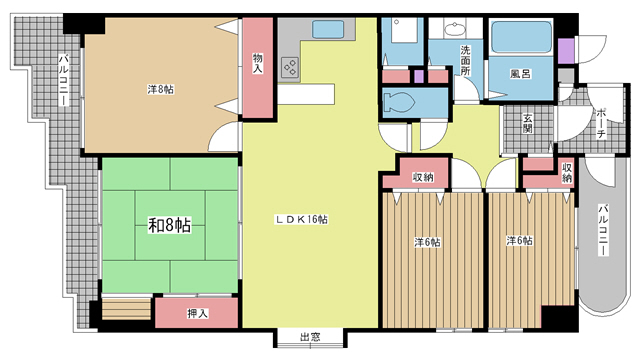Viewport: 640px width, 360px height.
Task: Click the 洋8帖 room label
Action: point(160,89)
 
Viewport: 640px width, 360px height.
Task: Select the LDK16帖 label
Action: point(302,219)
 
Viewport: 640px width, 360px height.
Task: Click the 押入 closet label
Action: point(198,314)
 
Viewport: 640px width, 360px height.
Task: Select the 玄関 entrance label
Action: point(526,125)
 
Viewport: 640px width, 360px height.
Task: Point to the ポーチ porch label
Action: point(600,119)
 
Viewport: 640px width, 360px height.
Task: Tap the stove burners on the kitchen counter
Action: point(292,68)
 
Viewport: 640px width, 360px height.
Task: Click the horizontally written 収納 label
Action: point(424,177)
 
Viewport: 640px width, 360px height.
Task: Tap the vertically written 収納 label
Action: point(567,172)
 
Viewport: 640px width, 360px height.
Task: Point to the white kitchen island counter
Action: point(305,92)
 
